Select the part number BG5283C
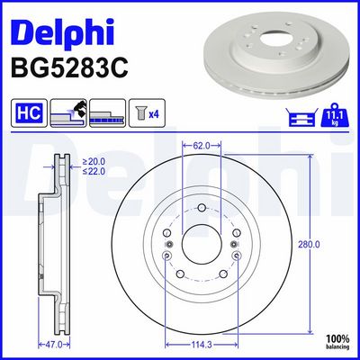point(69,67)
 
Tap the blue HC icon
point(29,112)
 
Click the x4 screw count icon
point(147,112)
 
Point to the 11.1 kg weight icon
point(335,115)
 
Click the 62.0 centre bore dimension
point(202,146)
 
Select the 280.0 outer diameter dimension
point(309,245)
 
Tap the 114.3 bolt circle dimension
point(202,345)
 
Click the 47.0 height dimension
point(54,345)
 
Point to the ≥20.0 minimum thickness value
point(94,162)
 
